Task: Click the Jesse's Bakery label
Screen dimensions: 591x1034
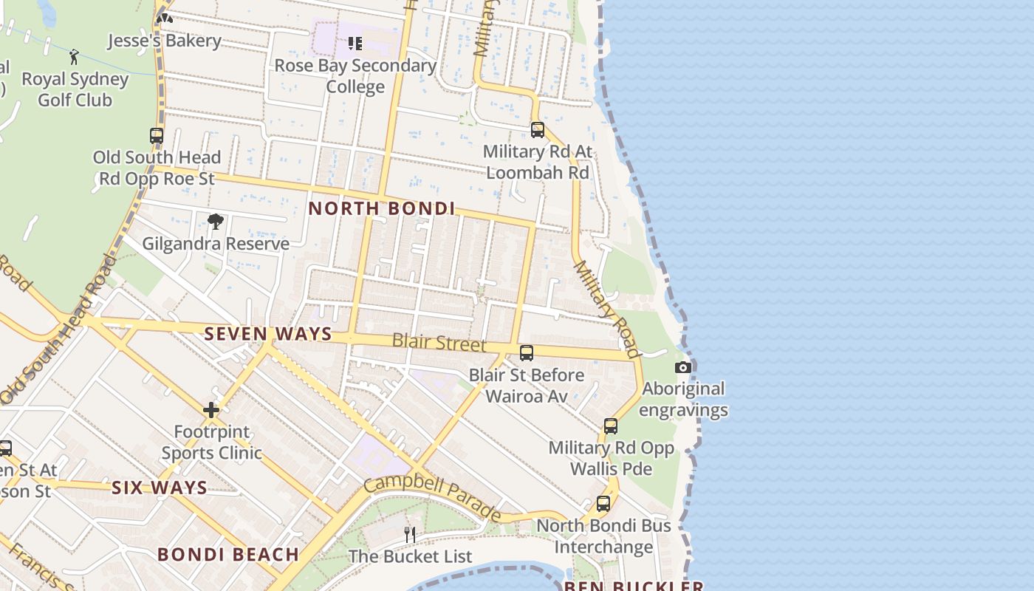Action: pos(165,41)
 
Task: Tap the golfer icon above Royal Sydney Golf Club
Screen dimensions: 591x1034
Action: pos(74,57)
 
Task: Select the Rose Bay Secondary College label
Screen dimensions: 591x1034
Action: pos(355,76)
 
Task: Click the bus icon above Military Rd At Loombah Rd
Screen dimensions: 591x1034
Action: pos(538,130)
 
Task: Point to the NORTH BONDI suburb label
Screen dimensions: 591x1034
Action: pos(381,208)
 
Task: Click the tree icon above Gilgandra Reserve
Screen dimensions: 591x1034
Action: pos(215,222)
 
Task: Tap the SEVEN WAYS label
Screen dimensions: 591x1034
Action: pos(268,334)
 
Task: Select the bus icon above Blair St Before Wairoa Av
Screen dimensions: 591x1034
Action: pos(527,353)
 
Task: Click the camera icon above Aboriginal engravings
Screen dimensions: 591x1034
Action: pos(683,367)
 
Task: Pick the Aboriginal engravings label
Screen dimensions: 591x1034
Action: pos(684,399)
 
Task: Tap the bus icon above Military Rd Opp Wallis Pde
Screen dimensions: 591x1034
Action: pos(611,426)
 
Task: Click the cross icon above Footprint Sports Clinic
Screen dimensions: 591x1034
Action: pos(211,409)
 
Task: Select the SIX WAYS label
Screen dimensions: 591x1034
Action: pos(160,488)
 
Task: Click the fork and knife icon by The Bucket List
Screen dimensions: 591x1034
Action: pos(410,534)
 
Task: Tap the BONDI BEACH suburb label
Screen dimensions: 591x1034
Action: pos(228,554)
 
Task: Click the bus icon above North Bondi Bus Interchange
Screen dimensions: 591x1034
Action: pos(603,504)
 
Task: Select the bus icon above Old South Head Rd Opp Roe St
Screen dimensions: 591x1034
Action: pos(157,136)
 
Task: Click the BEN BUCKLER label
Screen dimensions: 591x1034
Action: pos(633,586)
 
